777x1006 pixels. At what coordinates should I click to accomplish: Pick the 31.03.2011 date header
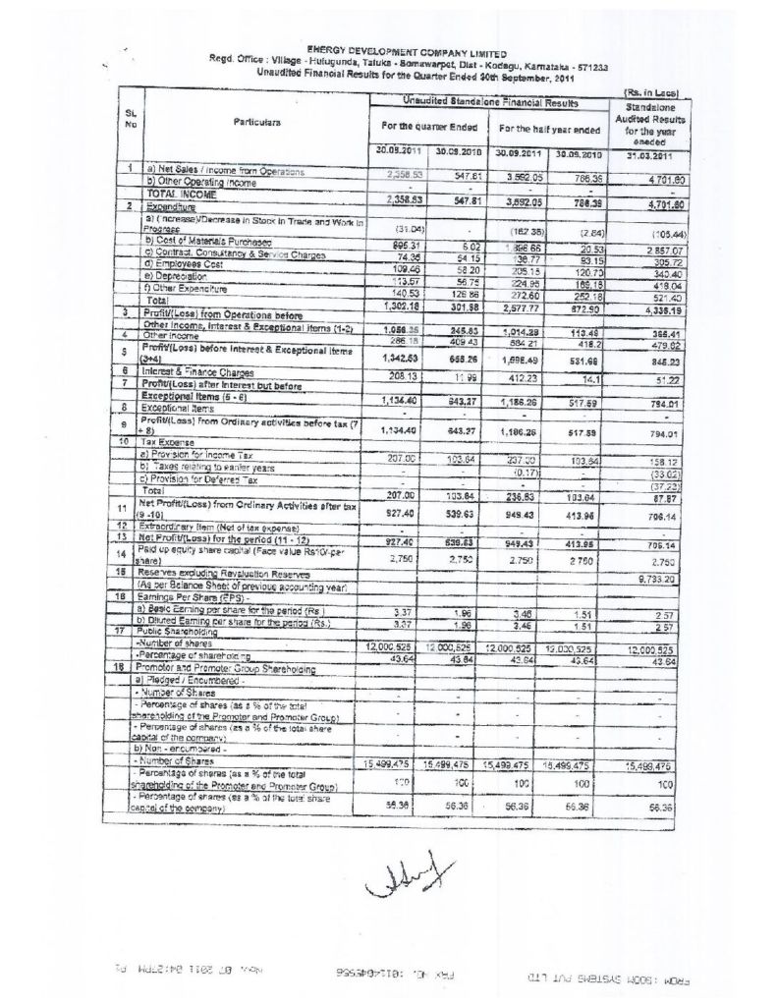pos(647,153)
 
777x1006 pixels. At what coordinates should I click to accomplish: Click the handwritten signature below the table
pos(397,876)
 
